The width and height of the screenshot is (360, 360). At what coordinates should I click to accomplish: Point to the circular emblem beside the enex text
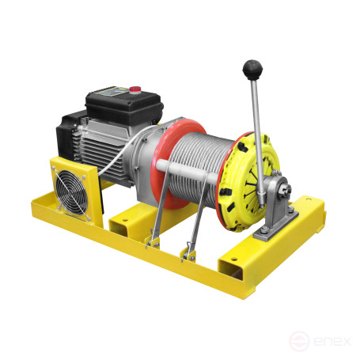[x=298, y=341]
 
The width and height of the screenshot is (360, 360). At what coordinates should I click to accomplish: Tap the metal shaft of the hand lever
[x=256, y=119]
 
